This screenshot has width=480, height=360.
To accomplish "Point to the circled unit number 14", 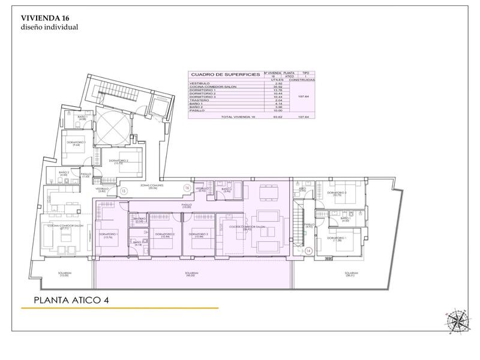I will click(x=308, y=251).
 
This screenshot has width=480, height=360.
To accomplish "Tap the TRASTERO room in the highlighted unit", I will click(x=139, y=220).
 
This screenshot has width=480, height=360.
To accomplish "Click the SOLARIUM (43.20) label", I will click(x=193, y=274).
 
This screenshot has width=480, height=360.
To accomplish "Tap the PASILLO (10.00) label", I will click(x=187, y=206).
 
